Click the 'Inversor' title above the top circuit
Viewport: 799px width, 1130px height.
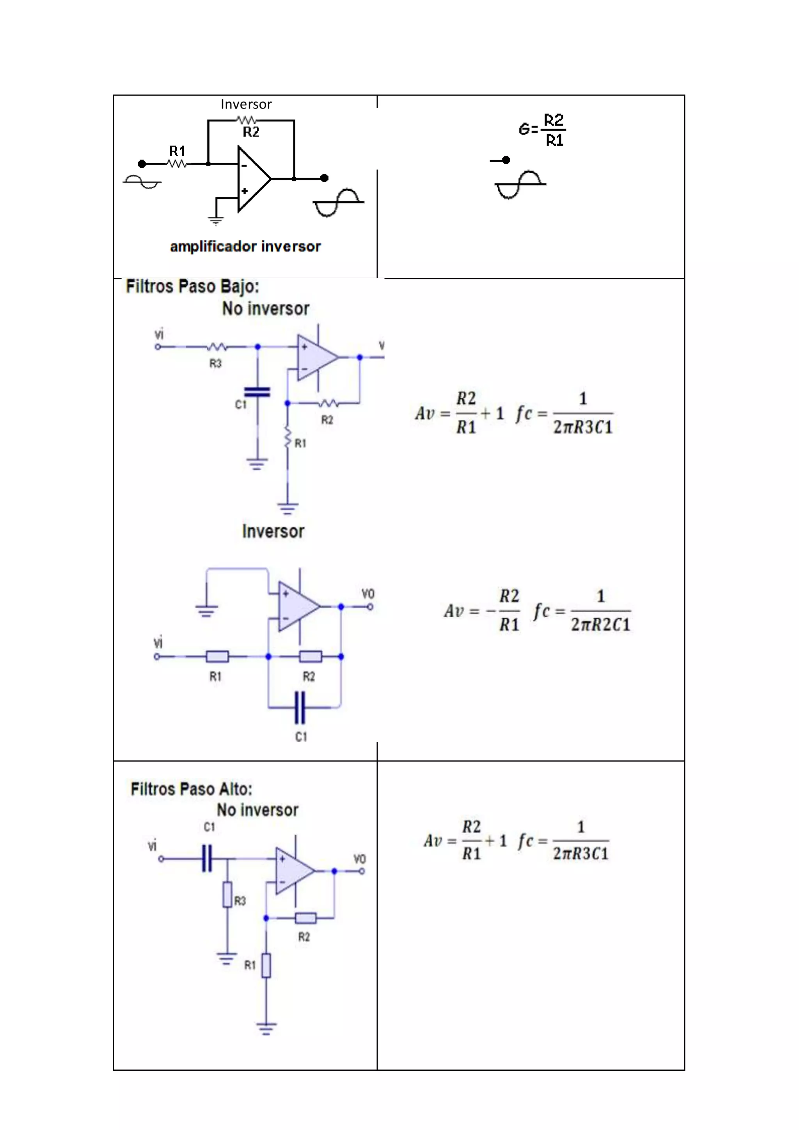pos(246,104)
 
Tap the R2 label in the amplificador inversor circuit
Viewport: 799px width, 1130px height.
pos(251,132)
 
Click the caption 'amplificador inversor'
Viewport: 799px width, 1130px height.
pos(245,247)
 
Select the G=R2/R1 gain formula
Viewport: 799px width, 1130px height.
pos(542,130)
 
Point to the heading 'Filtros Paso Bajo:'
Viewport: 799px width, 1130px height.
pos(192,286)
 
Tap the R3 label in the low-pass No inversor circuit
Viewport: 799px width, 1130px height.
pos(215,363)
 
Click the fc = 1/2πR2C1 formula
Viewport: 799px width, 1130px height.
pos(582,611)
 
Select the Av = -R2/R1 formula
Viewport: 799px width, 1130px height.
pos(482,611)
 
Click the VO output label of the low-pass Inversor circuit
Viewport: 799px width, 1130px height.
pos(368,593)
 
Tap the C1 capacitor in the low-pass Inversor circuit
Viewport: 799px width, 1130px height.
pos(300,708)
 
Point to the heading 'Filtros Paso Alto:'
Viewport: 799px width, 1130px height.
pos(192,789)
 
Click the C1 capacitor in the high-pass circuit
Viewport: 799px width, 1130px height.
pos(207,858)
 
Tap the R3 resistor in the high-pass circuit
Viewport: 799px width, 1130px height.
pos(227,894)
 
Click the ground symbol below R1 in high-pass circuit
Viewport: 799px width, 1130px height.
pos(266,1028)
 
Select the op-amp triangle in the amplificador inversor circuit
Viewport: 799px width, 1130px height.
pos(252,179)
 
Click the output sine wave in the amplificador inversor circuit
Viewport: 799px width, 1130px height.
pos(339,202)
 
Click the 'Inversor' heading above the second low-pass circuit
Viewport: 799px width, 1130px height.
pos(273,531)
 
